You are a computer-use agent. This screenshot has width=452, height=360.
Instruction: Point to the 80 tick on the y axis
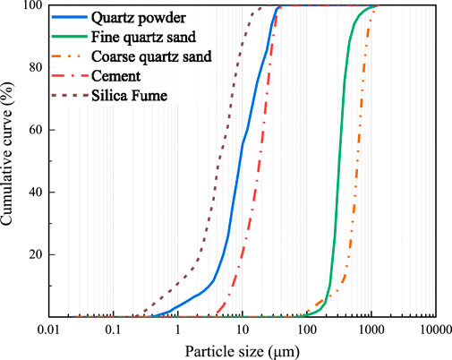pos(35,67)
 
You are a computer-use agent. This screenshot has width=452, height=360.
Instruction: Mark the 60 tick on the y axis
pos(35,130)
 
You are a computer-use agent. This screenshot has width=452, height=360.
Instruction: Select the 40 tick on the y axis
pos(35,193)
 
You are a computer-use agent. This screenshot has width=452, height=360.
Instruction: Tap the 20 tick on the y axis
pos(35,255)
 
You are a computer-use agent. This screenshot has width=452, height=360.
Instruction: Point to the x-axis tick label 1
pos(177,330)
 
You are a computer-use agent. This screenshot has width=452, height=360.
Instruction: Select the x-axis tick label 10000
pos(434,330)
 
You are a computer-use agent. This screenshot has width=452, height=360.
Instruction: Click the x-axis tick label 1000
pos(371,330)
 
